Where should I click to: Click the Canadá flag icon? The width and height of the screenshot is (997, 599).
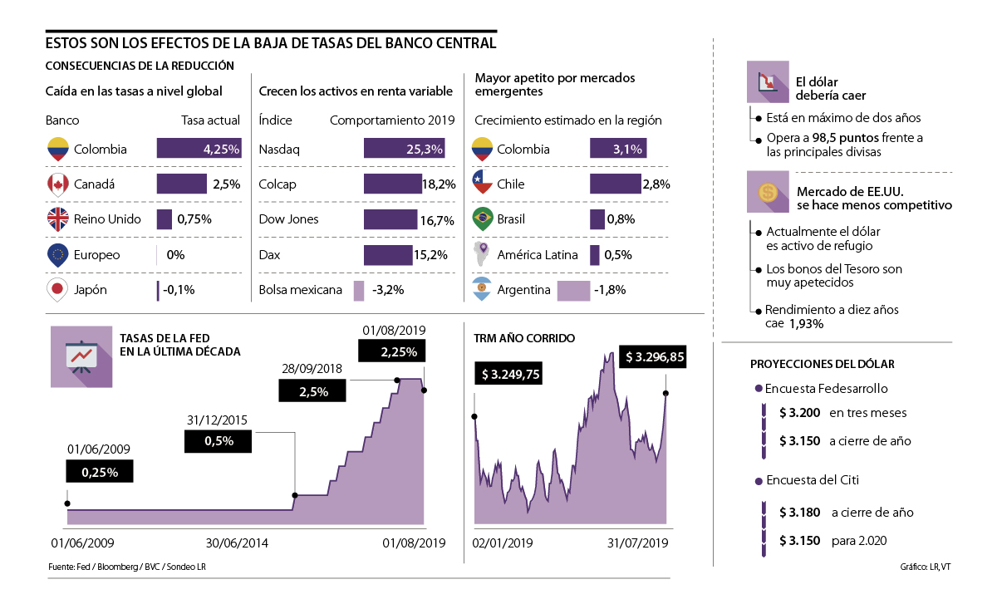point(57,184)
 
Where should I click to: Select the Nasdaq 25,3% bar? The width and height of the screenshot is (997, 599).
point(404,150)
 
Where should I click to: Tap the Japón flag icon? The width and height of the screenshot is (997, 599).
point(57,291)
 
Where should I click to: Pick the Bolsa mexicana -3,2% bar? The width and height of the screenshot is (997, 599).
point(359,291)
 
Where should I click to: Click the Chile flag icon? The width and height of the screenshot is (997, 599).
point(483,184)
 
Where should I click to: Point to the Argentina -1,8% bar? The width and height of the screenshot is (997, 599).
point(573,291)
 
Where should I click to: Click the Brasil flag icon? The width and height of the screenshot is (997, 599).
point(483,219)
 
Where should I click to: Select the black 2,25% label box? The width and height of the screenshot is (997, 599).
point(392,352)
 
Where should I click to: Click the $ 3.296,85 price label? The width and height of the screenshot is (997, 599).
point(655,356)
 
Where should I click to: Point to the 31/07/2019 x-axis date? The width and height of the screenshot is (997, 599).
point(638,543)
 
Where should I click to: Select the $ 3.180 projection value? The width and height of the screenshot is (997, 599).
point(799,513)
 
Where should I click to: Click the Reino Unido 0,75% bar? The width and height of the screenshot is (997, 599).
point(165,219)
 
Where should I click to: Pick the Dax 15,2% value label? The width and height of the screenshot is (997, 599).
point(438,255)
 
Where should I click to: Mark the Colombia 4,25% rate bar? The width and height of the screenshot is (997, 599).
point(199,150)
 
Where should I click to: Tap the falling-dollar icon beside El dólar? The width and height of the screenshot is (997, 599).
point(769,83)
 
